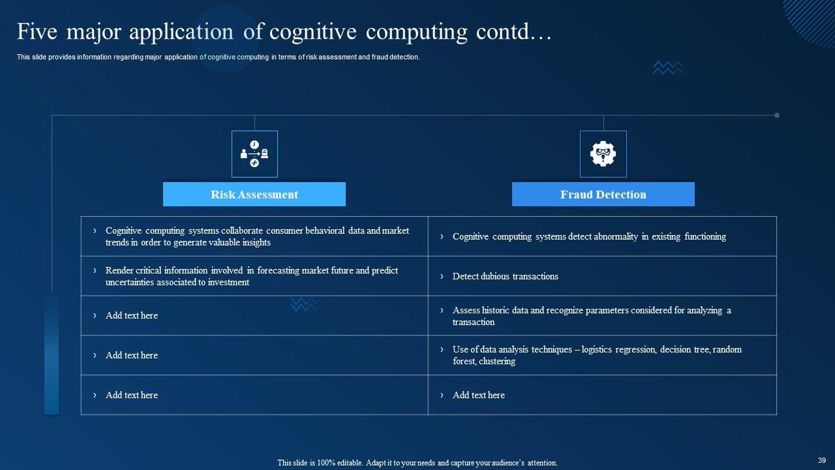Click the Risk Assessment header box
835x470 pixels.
[254, 195]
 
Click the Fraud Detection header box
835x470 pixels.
[603, 195]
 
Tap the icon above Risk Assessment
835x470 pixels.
[254, 154]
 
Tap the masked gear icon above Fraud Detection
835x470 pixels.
[603, 154]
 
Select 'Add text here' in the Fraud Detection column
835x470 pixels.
[478, 395]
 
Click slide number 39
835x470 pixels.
[821, 460]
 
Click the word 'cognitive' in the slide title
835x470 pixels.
[312, 31]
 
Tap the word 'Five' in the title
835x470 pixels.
[37, 31]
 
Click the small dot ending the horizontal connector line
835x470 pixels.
[777, 116]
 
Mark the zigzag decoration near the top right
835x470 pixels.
[667, 67]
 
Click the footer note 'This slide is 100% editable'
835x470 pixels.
[417, 463]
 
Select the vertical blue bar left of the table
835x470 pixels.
[52, 352]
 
